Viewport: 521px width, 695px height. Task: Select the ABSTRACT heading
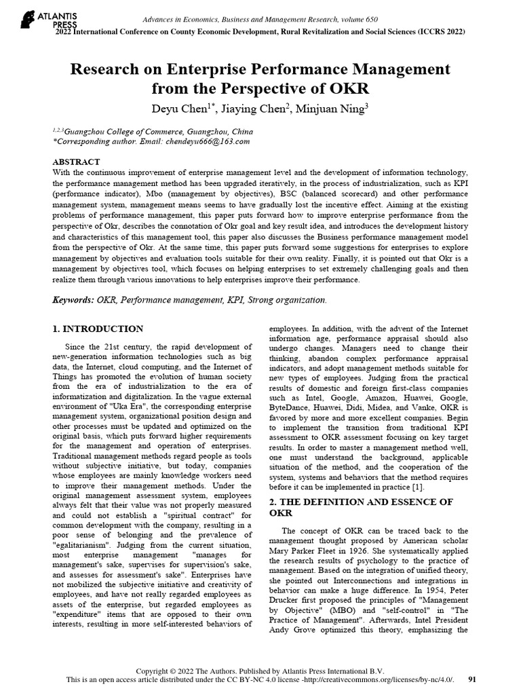point(76,162)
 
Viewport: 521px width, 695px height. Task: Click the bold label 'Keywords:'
point(74,299)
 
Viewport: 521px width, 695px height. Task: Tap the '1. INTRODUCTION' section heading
point(98,329)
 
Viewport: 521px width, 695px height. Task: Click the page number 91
point(472,679)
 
